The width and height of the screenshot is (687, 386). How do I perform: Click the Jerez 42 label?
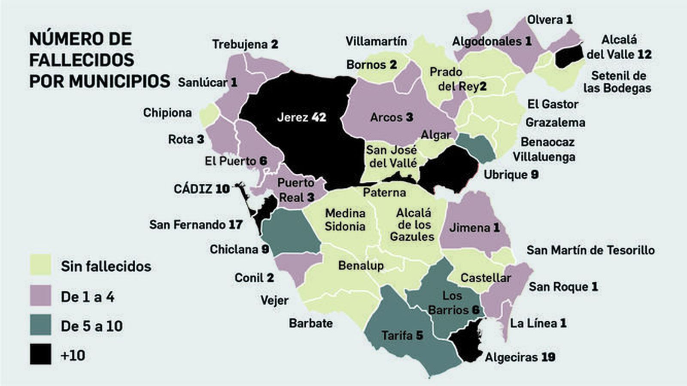click(x=301, y=117)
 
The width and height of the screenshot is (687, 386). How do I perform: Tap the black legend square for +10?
click(x=40, y=354)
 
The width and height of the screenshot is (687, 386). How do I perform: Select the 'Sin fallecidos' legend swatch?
click(x=40, y=265)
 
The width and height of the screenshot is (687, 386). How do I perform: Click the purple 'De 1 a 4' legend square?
click(x=40, y=296)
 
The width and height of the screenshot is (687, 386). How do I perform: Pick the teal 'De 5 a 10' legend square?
click(x=40, y=325)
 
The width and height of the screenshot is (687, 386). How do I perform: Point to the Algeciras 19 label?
click(x=520, y=357)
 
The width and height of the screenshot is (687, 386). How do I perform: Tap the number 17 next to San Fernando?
click(x=235, y=224)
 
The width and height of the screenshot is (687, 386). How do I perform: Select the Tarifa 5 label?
click(x=402, y=335)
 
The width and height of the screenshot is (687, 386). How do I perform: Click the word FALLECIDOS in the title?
click(x=82, y=60)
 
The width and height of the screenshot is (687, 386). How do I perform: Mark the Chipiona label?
click(x=167, y=112)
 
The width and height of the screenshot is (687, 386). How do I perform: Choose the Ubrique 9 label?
click(x=511, y=175)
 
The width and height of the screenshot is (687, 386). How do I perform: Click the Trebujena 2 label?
click(x=245, y=44)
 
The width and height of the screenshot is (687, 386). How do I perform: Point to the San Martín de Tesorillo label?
click(x=590, y=250)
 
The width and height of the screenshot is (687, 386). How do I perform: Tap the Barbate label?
click(x=310, y=323)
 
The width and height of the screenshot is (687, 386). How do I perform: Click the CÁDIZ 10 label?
click(x=201, y=189)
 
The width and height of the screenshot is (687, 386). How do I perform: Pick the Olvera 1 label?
click(x=550, y=19)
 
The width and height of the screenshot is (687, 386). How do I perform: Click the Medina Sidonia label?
click(x=345, y=220)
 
